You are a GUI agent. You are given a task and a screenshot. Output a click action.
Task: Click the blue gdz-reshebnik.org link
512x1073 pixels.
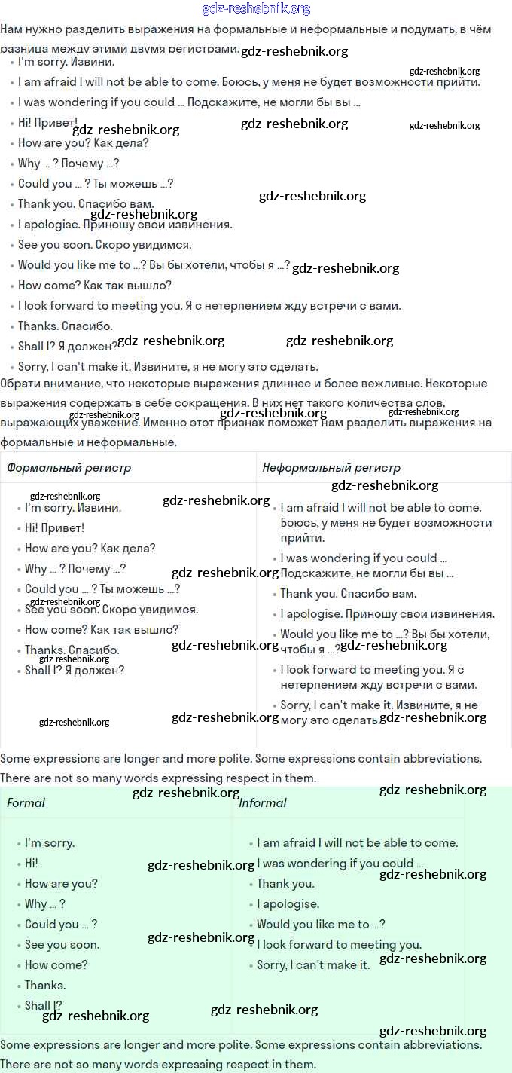[256, 9]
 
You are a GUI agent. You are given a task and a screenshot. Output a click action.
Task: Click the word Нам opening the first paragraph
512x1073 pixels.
[11, 29]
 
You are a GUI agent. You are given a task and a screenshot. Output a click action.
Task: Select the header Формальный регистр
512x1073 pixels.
[69, 468]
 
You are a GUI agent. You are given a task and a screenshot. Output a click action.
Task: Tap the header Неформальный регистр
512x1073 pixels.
[331, 468]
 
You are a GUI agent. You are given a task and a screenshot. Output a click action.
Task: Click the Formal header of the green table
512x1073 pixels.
[26, 803]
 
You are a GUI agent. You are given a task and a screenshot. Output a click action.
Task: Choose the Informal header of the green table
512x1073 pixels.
[262, 803]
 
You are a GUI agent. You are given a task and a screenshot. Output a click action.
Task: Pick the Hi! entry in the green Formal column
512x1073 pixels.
[31, 864]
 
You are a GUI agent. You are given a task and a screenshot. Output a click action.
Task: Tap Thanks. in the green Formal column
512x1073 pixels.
[45, 986]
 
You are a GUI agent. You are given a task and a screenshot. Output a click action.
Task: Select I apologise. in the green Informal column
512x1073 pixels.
[288, 904]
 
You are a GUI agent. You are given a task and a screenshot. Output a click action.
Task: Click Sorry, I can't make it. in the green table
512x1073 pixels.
[313, 965]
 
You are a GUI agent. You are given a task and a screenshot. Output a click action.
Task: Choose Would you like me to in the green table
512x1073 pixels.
[313, 925]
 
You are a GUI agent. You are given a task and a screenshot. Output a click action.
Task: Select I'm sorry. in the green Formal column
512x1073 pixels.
[50, 843]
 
